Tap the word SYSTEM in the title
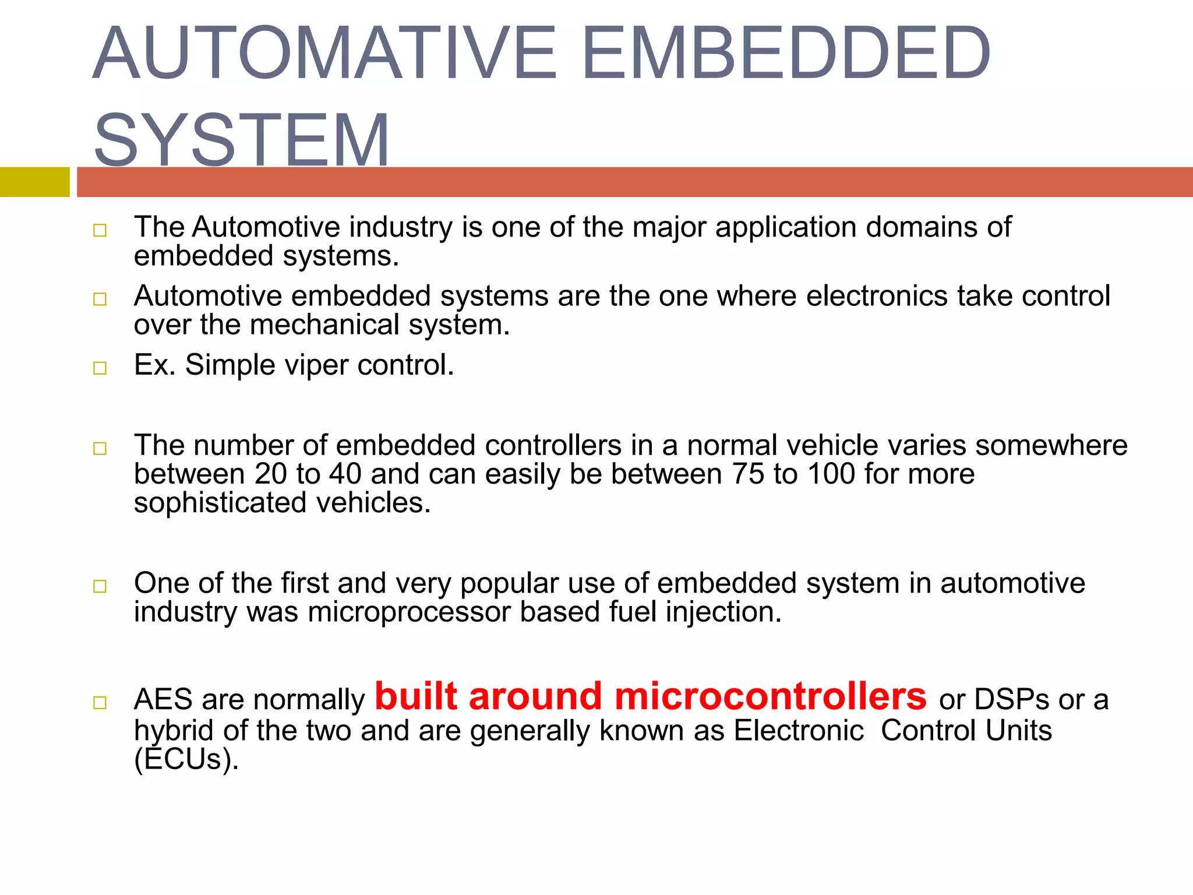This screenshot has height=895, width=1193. pyautogui.click(x=242, y=140)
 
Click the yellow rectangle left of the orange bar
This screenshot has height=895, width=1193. pyautogui.click(x=34, y=182)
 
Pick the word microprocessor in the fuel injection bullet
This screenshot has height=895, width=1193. pyautogui.click(x=409, y=612)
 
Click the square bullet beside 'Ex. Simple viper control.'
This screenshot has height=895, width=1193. pyautogui.click(x=100, y=368)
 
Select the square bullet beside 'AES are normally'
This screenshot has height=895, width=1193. pyautogui.click(x=100, y=703)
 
